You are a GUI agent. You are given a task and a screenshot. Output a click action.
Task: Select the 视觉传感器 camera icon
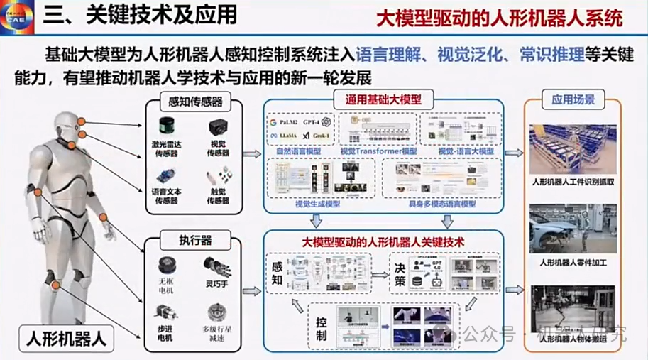[218, 128]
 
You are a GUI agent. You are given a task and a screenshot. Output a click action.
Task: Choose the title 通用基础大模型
[383, 99]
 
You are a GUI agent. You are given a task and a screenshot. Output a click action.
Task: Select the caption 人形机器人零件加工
[573, 264]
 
